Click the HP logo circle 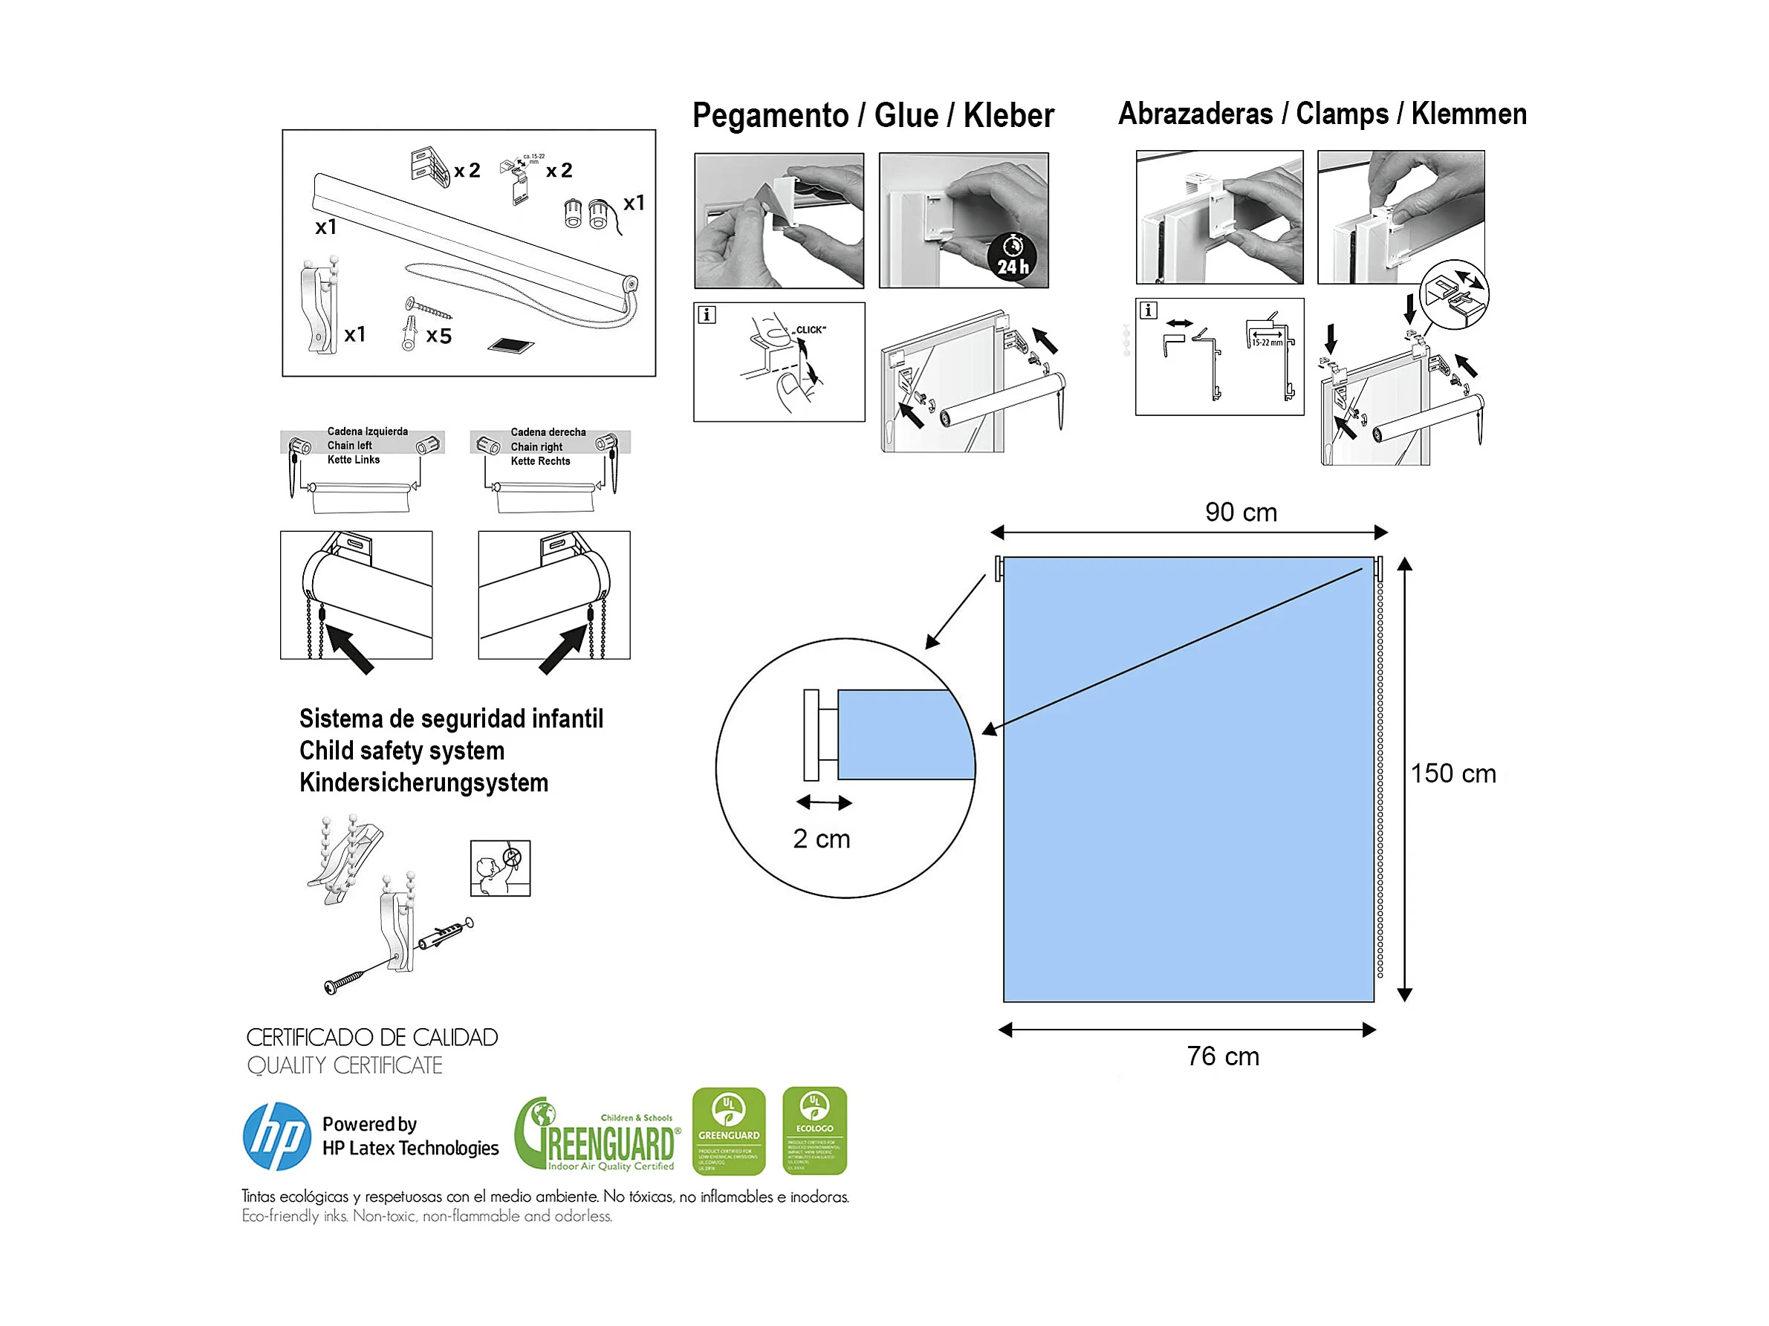click(x=276, y=1137)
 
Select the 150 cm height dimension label click(x=1452, y=773)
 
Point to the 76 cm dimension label click(x=1222, y=1056)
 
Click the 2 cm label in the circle click(x=821, y=839)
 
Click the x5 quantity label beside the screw click(x=439, y=336)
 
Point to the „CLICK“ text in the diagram click(x=809, y=330)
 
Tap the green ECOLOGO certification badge click(x=814, y=1130)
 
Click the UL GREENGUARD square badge click(x=729, y=1130)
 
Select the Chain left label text click(x=349, y=446)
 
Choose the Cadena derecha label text click(x=548, y=432)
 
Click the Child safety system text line click(x=401, y=751)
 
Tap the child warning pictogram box click(x=500, y=868)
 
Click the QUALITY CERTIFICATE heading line click(x=345, y=1065)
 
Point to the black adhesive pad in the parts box click(x=511, y=345)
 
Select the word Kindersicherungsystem click(x=423, y=782)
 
